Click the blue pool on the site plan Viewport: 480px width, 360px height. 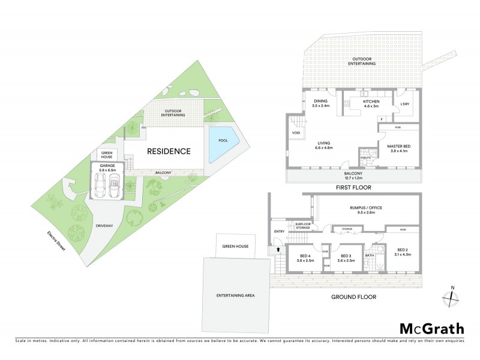point(222,145)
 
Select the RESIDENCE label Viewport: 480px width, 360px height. point(169,151)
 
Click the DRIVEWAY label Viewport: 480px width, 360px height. point(106,226)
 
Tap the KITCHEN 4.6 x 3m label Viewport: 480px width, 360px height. point(371,104)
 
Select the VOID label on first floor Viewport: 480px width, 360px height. point(296,133)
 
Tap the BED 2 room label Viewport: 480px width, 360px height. point(403,251)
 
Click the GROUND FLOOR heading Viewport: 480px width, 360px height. point(351,296)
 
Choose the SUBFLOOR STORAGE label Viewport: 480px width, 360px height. point(301,227)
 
